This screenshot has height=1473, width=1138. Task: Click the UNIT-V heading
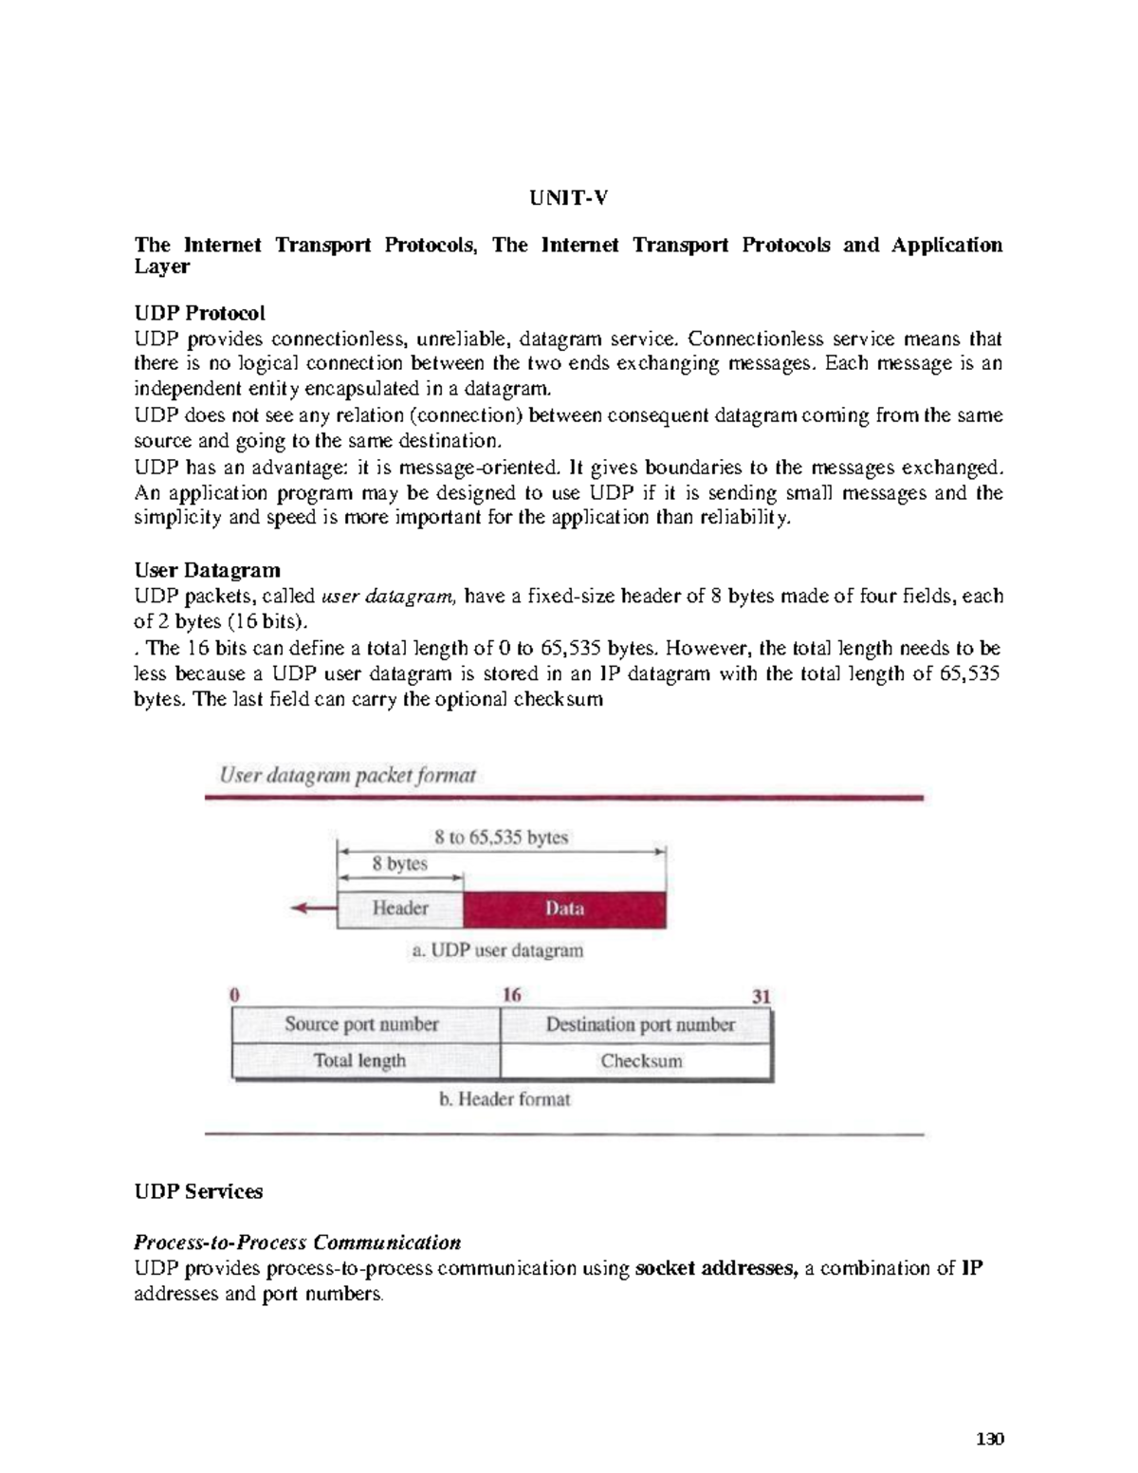point(568,198)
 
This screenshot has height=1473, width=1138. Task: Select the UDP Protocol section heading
point(199,313)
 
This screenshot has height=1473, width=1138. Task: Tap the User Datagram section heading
point(207,570)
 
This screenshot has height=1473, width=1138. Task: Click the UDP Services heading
point(198,1191)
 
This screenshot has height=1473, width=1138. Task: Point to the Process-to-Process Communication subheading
point(297,1243)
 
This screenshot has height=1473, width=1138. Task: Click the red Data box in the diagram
point(564,909)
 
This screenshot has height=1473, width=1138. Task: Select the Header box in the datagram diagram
point(400,909)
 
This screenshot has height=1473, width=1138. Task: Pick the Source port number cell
point(361,1024)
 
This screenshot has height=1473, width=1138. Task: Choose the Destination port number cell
point(640,1024)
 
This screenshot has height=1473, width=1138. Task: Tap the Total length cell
point(359,1061)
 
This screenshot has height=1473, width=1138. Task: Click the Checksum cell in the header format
point(641,1061)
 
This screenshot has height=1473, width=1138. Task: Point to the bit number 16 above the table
point(511,995)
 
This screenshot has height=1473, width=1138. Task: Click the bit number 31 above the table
point(761,997)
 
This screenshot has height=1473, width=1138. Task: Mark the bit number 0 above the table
point(234,995)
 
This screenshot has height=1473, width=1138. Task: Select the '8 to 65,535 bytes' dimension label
point(501,838)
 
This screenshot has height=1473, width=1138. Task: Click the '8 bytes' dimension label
point(399,864)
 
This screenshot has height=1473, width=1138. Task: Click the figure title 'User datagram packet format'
point(347,776)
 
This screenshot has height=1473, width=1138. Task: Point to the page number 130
point(989,1439)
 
